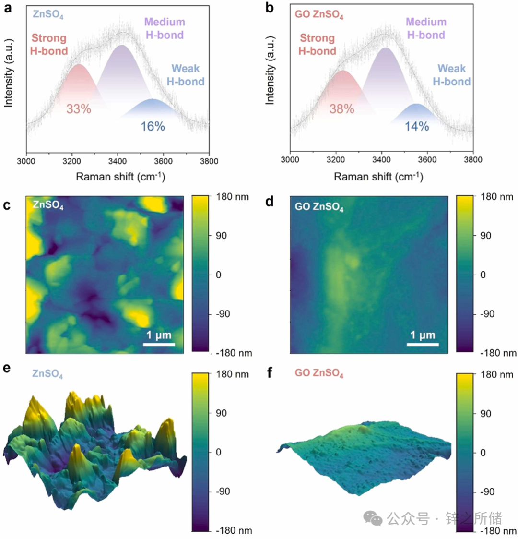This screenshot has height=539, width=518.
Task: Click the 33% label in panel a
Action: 79,109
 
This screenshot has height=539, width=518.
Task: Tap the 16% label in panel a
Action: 153,127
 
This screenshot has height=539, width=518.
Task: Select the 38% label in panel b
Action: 342,109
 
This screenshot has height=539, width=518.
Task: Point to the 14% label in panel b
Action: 417,127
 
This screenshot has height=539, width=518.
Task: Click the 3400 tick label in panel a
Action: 118,161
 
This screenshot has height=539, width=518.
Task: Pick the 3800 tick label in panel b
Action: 473,159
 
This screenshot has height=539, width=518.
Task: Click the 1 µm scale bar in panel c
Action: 159,344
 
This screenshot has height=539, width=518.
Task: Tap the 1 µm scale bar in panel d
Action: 423,344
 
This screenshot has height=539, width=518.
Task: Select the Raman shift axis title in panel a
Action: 120,177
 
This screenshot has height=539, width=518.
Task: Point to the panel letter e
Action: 7,368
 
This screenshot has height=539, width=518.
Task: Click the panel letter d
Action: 269,202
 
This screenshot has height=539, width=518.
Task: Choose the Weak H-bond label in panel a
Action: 186,75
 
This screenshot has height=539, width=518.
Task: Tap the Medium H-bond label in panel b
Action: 426,28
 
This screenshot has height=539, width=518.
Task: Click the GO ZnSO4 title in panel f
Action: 319,373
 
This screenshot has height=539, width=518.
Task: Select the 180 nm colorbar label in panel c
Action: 233,197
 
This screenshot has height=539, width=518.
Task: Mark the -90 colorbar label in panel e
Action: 223,491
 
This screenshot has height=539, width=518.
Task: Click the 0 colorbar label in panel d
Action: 483,275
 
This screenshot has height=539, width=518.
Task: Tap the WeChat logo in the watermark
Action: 373,518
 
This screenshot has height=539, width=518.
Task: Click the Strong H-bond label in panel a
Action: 49,45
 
